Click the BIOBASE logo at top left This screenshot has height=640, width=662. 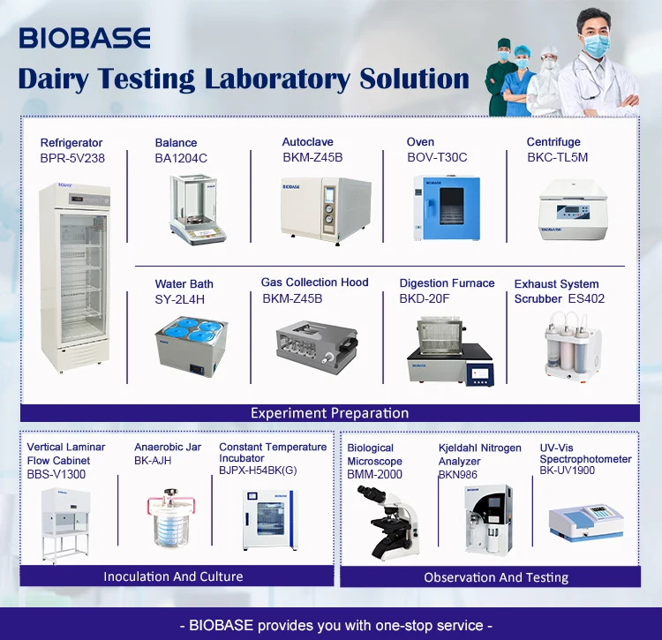pos(85,38)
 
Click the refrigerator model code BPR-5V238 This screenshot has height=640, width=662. pos(72,158)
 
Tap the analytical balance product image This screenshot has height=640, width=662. pos(198,208)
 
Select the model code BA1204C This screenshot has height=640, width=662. pos(181,158)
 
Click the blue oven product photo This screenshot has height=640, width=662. pos(446,207)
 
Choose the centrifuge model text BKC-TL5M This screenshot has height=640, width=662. pos(557,157)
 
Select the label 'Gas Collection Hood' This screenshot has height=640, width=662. pos(314,282)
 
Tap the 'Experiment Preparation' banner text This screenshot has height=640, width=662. pos(329,413)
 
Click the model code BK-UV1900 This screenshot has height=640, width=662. pos(567,471)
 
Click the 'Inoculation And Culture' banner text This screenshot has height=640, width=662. pos(173,576)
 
